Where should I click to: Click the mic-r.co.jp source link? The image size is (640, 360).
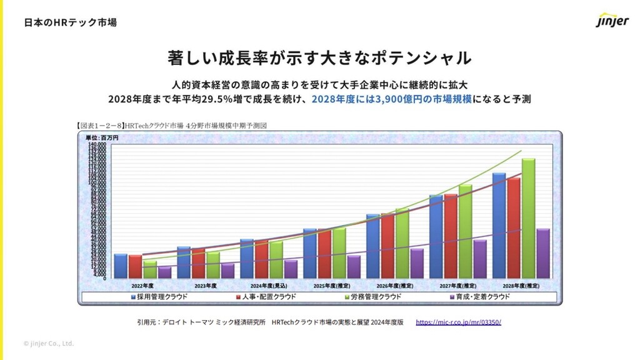point(458,322)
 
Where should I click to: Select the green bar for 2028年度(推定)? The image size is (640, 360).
point(529,218)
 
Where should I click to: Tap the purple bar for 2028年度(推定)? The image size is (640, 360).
point(544,253)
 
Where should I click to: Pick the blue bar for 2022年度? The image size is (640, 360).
point(121,266)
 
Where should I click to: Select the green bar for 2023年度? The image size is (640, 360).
point(213,265)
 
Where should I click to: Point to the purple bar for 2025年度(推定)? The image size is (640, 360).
point(354,266)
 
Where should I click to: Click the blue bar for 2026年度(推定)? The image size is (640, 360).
point(372,246)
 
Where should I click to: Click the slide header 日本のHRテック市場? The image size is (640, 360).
point(70,22)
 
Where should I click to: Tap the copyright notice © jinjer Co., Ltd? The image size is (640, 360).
point(49,343)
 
